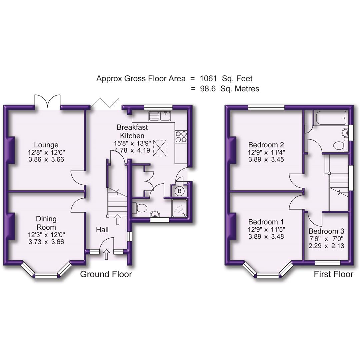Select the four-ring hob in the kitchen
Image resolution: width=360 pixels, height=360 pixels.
[181, 137]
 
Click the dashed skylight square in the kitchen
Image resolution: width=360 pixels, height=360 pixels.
[160, 147]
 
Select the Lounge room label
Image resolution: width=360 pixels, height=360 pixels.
[46, 145]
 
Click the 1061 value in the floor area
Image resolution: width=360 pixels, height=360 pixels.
[208, 79]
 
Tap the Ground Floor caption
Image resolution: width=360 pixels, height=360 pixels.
[106, 274]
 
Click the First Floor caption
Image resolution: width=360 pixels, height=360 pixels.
[333, 274]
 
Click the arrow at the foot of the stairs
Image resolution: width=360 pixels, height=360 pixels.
[117, 219]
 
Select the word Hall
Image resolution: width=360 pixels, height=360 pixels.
[102, 230]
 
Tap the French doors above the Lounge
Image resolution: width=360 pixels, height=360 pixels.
[48, 101]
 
